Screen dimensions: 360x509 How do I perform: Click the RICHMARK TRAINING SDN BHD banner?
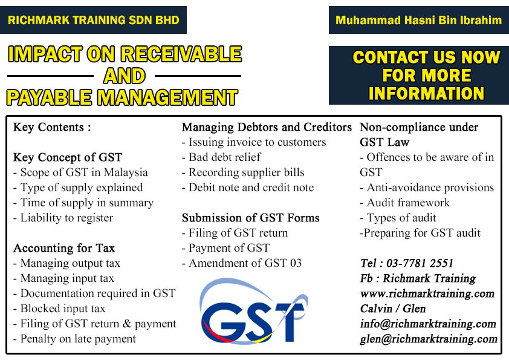93,20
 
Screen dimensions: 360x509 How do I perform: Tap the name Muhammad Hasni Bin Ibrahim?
418,20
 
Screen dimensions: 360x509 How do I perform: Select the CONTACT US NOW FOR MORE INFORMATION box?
418,75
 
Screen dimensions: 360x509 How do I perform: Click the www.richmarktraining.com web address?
427,293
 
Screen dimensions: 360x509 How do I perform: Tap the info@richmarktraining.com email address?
427,324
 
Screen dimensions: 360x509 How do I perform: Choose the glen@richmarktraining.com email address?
428,339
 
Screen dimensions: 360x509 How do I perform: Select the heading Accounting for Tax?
64,248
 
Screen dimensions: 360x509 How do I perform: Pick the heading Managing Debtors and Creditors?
267,127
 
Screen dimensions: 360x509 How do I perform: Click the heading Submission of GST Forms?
251,218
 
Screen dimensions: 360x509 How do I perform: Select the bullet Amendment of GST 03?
242,263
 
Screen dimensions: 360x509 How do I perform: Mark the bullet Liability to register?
63,218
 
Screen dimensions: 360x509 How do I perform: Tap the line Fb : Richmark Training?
417,278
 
